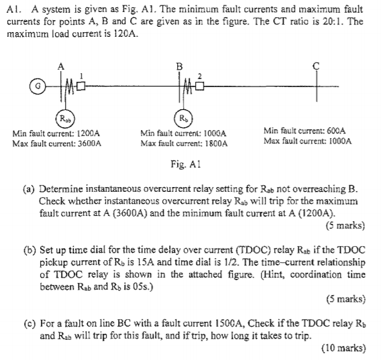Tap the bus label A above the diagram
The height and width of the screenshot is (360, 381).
pos(61,65)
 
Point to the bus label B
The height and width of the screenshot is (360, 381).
pos(178,65)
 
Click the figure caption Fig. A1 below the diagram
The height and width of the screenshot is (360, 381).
pos(186,164)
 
